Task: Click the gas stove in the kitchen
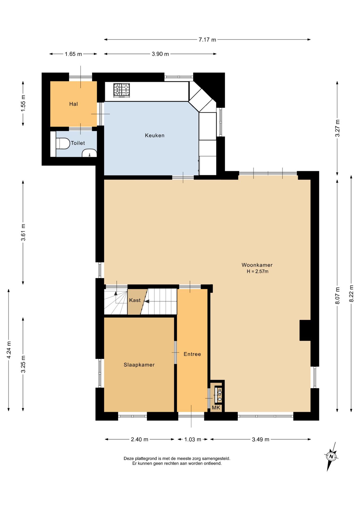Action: (x=122, y=90)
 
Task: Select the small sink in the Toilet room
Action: (x=89, y=153)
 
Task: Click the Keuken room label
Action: (x=155, y=135)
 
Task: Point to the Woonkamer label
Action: (x=257, y=265)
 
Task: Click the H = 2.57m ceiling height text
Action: (x=257, y=271)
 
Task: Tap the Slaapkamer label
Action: (x=139, y=365)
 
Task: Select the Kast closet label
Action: (x=135, y=300)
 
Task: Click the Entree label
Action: (x=192, y=354)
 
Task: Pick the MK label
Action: (x=216, y=408)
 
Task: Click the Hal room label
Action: (x=73, y=104)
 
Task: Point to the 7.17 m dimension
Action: (x=207, y=40)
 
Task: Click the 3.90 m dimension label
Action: (x=160, y=54)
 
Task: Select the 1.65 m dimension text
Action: (x=73, y=54)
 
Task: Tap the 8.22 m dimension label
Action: (x=351, y=293)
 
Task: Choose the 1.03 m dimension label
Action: (x=193, y=440)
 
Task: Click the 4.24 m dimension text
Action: (x=9, y=350)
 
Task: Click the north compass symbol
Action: (x=331, y=457)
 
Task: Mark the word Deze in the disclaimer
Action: (x=129, y=458)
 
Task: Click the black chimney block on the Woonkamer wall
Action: (x=305, y=330)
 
